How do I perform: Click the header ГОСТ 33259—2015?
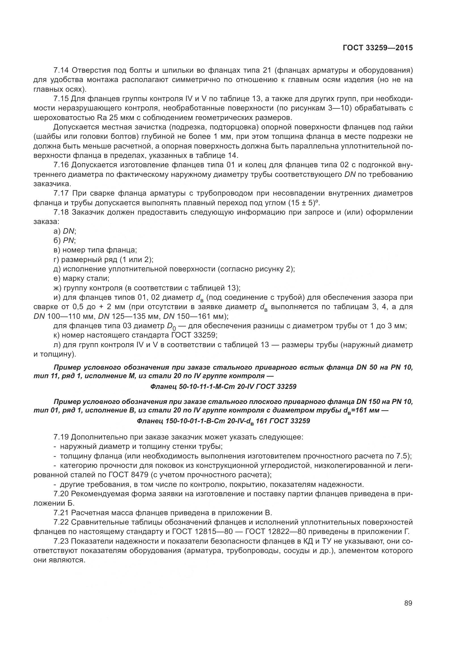[378, 48]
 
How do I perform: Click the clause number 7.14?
[61, 70]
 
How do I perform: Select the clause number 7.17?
[62, 193]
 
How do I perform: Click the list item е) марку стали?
[81, 278]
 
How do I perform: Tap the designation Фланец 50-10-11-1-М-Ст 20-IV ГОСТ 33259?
[223, 387]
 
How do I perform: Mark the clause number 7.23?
[61, 541]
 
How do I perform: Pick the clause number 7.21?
[61, 513]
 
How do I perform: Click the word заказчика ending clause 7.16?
[52, 184]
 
